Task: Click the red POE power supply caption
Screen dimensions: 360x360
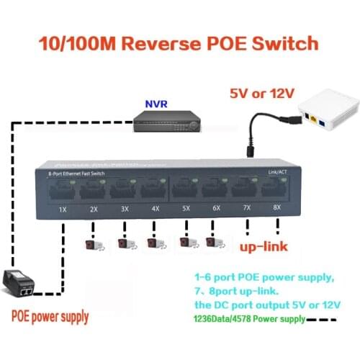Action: click(50, 316)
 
